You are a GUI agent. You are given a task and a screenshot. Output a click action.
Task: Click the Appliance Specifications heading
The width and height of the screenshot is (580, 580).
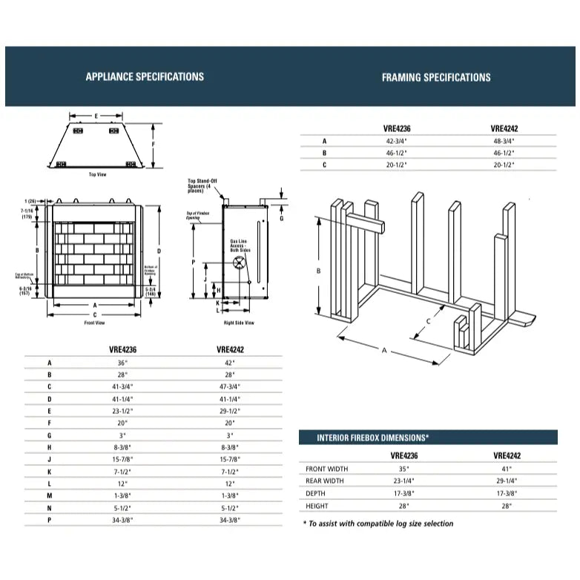pyautogui.click(x=145, y=76)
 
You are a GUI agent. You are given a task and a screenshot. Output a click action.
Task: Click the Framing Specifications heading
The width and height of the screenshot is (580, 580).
pyautogui.click(x=435, y=77)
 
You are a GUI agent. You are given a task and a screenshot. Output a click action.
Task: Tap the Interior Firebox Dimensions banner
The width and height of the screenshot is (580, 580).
pyautogui.click(x=373, y=438)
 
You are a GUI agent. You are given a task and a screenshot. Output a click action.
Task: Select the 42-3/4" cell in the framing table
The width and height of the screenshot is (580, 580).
pyautogui.click(x=398, y=140)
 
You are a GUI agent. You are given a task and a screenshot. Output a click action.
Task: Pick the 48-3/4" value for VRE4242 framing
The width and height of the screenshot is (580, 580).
pyautogui.click(x=504, y=140)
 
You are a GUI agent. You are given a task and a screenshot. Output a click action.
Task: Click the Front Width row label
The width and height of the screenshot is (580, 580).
pyautogui.click(x=326, y=469)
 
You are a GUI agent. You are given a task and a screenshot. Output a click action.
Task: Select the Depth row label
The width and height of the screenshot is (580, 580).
pyautogui.click(x=316, y=493)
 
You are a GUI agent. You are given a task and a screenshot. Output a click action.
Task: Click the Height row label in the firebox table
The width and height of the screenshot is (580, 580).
pyautogui.click(x=317, y=506)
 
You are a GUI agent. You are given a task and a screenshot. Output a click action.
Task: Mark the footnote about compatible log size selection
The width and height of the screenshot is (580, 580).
pyautogui.click(x=378, y=524)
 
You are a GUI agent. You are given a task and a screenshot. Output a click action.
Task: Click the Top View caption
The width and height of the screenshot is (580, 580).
pyautogui.click(x=97, y=175)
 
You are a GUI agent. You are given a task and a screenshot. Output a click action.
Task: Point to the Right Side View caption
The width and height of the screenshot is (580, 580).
pyautogui.click(x=239, y=323)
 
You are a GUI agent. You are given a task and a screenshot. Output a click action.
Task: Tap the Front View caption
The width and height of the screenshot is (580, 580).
pyautogui.click(x=95, y=323)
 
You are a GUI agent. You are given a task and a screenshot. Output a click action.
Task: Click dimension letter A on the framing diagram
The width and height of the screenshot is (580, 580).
pyautogui.click(x=384, y=351)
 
